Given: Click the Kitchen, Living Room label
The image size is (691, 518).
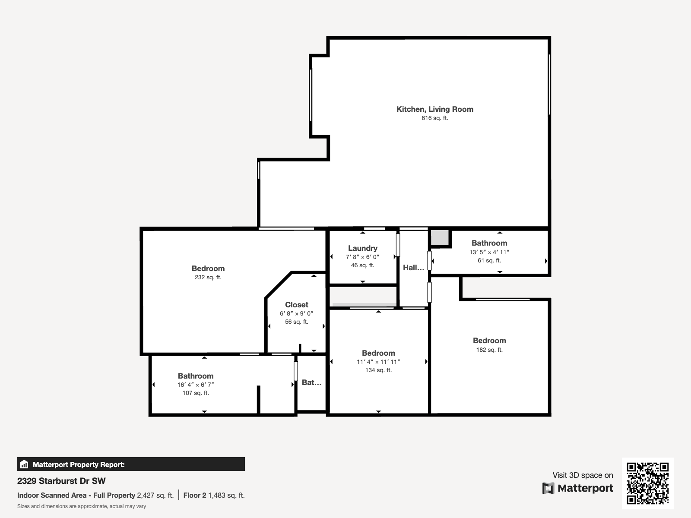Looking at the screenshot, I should pyautogui.click(x=435, y=109).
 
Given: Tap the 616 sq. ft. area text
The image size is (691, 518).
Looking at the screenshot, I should pyautogui.click(x=435, y=118).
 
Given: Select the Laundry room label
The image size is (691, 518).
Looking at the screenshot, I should pyautogui.click(x=363, y=248).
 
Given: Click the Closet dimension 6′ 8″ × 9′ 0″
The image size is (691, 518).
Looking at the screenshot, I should pyautogui.click(x=296, y=314).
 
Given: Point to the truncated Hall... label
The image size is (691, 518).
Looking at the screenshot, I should pyautogui.click(x=413, y=268).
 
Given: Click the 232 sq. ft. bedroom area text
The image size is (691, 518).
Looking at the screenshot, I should pyautogui.click(x=208, y=278).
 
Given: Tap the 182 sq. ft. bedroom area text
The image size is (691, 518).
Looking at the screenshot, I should pyautogui.click(x=489, y=350).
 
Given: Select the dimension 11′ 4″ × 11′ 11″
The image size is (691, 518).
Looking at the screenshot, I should pyautogui.click(x=378, y=362).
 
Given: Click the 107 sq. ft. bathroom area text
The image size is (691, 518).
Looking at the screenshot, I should pyautogui.click(x=196, y=393).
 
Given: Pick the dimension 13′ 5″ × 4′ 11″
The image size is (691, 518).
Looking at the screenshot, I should pyautogui.click(x=489, y=252).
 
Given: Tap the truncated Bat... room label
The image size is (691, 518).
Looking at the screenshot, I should pyautogui.click(x=311, y=382).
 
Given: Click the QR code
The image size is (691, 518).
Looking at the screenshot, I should pyautogui.click(x=647, y=483).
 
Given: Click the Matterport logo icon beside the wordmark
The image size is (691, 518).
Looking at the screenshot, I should pyautogui.click(x=548, y=488).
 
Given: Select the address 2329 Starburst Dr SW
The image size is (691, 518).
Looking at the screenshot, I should pyautogui.click(x=61, y=481).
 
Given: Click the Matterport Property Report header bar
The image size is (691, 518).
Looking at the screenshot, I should pyautogui.click(x=131, y=464).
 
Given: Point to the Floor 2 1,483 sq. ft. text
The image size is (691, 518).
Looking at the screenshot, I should pyautogui.click(x=214, y=496).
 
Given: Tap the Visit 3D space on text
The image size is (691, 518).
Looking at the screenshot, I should pyautogui.click(x=583, y=475).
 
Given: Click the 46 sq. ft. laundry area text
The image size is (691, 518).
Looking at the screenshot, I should pyautogui.click(x=363, y=265).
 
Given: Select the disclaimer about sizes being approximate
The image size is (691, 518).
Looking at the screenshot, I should pyautogui.click(x=82, y=506).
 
